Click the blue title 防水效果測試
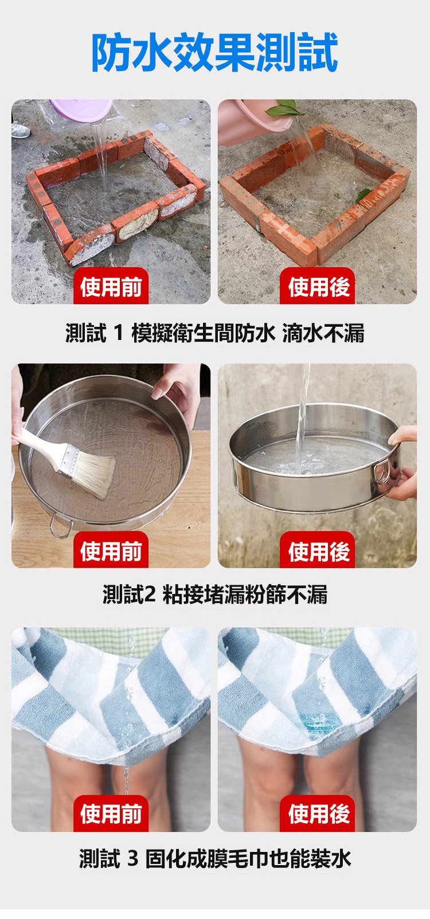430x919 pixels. point(215,53)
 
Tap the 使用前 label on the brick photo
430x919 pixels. point(111,287)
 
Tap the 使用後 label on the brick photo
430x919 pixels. point(318,287)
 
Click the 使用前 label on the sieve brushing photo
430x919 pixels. point(111,550)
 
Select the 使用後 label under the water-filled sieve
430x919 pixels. point(318,550)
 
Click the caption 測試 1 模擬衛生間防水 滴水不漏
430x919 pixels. point(215,333)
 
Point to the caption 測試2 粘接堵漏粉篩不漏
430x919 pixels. point(215,595)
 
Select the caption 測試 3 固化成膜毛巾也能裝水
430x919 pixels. point(215,859)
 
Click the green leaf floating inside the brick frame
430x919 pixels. point(363,194)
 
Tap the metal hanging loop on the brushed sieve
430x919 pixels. point(61,527)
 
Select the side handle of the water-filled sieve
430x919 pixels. point(382,472)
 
